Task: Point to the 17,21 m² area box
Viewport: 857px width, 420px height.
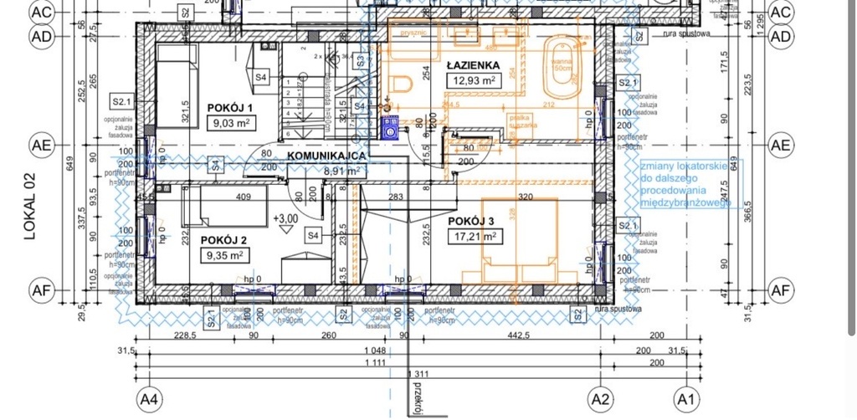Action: [474, 237]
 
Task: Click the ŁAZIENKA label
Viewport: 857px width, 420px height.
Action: [473, 64]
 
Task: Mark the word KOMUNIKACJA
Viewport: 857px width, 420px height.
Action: [326, 156]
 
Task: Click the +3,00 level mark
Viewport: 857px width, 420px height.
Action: [286, 218]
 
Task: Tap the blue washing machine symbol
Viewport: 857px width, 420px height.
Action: [390, 127]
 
